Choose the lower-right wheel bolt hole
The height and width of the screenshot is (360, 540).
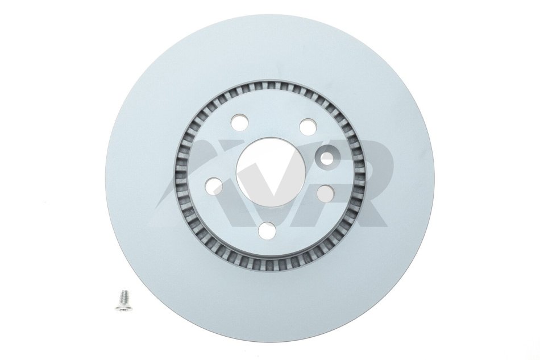tap(325, 193)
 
